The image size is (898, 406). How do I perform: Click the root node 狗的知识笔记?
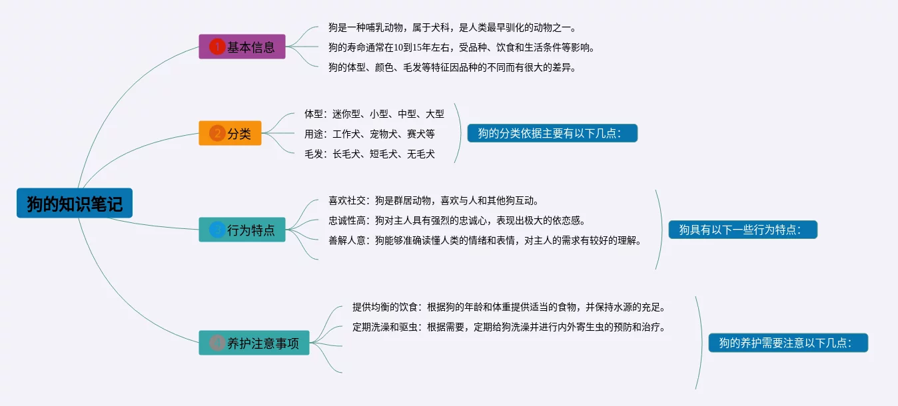pos(75,203)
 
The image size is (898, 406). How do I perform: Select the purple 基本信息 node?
pos(242,47)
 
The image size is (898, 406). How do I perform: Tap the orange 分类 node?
pos(230,133)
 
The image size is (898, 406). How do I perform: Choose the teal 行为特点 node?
pos(242,230)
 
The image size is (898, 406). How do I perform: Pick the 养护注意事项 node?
pos(254,343)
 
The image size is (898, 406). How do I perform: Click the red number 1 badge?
pos(217,47)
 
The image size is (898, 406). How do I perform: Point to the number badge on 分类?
pos(217,133)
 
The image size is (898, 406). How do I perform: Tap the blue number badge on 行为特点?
pos(217,230)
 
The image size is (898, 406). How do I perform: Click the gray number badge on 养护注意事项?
pos(217,343)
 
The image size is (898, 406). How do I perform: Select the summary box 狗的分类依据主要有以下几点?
pos(552,133)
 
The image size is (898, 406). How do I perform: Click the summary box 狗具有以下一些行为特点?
pos(743,230)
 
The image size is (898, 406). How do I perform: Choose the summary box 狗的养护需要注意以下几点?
pos(788,343)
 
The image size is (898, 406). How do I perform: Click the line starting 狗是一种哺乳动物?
pos(452,28)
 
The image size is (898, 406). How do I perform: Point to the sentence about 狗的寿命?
pos(461,47)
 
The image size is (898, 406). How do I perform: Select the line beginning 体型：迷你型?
pos(374,114)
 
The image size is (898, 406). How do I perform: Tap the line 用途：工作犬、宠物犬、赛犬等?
pos(369,134)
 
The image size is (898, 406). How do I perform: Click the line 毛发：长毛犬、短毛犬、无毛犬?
pos(369,154)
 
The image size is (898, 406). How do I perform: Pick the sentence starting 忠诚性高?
pos(456,220)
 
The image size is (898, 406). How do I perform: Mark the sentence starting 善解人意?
pos(484,240)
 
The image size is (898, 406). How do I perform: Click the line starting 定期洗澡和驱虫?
pos(509,327)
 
